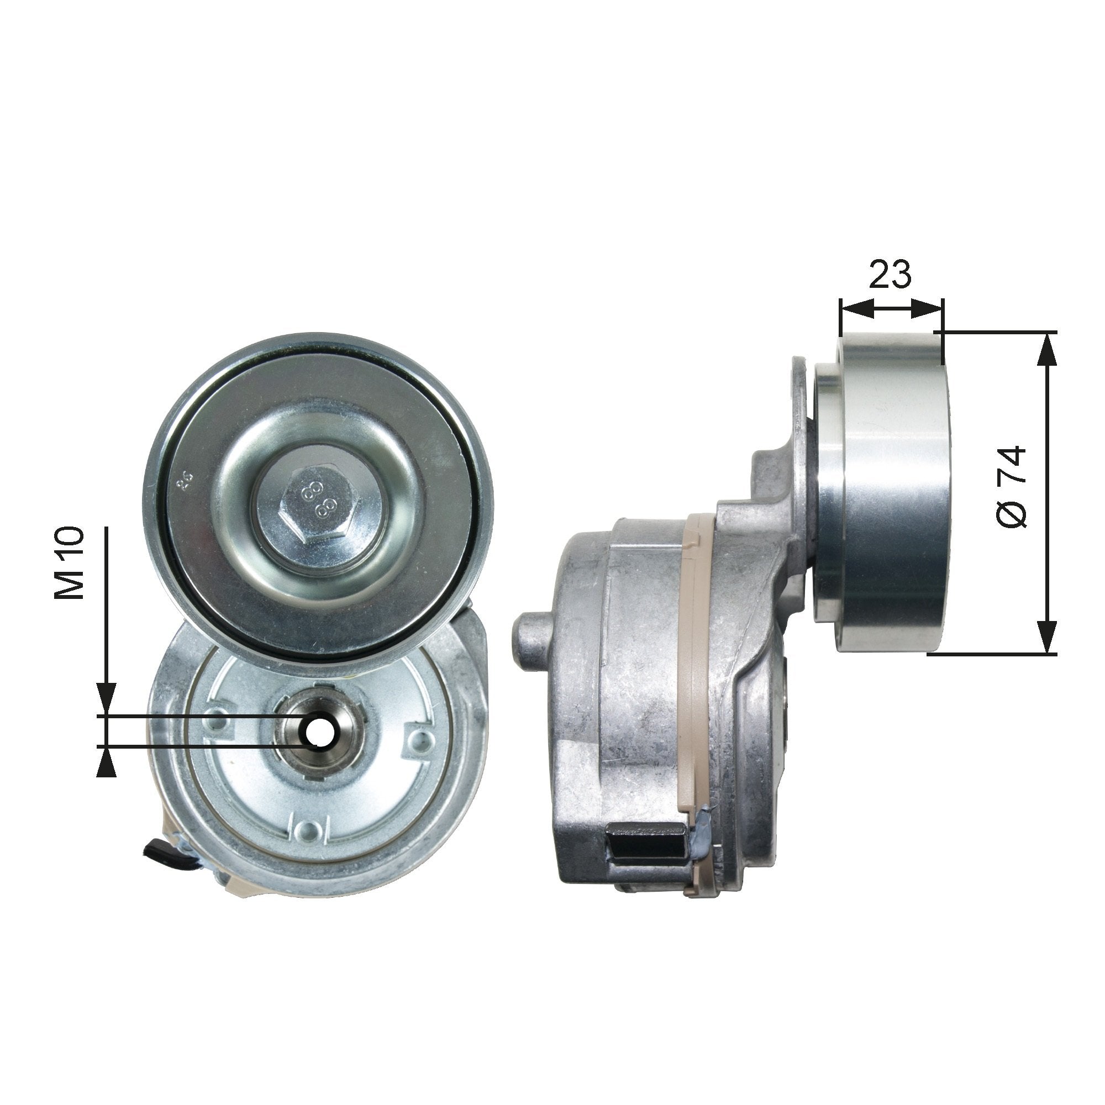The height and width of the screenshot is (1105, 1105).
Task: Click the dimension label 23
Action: point(890,274)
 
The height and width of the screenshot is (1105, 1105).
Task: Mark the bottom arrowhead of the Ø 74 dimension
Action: point(1048,638)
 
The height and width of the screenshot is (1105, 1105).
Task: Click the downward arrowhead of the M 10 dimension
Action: point(107,699)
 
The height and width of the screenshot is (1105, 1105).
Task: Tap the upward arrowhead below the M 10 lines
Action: point(107,764)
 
